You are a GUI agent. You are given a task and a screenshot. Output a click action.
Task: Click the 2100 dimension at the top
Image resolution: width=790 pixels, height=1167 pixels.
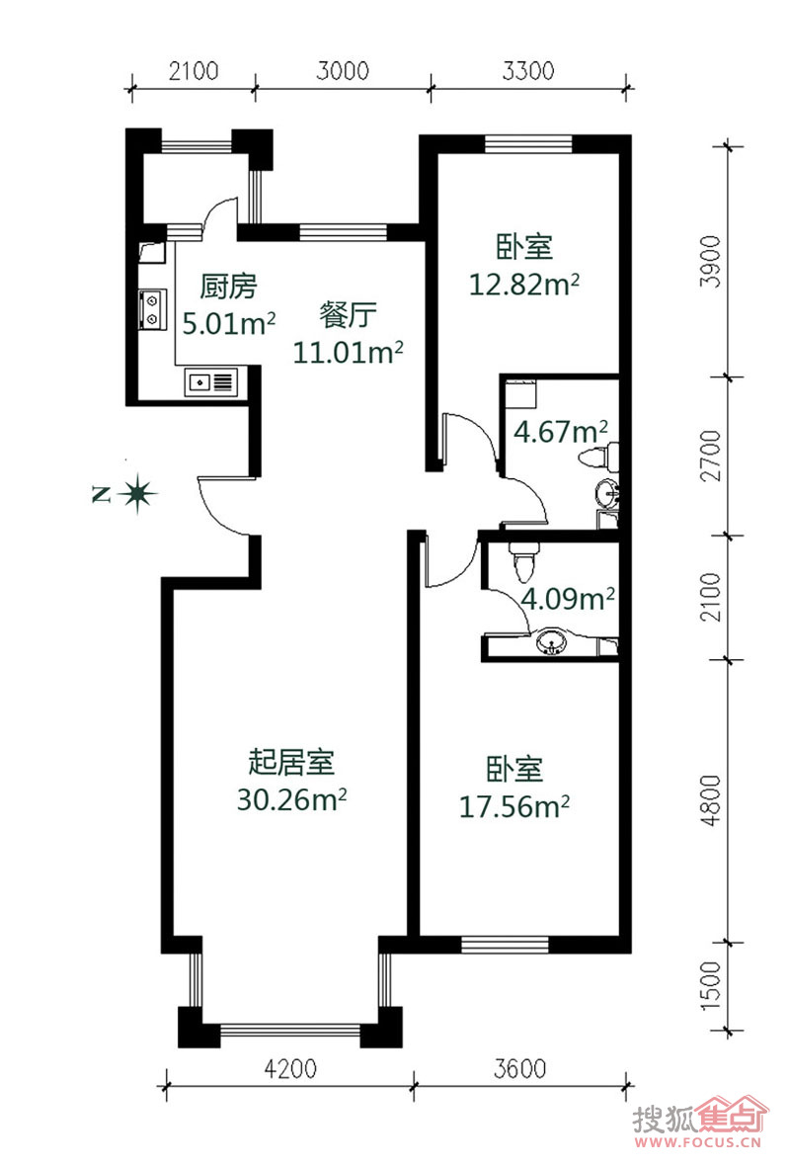coord(194,71)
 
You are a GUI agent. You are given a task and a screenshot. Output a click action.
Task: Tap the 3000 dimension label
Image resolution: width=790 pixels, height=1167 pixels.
coord(343,71)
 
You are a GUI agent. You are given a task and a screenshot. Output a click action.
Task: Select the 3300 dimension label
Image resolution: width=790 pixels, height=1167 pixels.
coord(528,71)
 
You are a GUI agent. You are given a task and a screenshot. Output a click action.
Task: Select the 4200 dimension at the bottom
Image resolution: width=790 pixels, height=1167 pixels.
coord(290,1069)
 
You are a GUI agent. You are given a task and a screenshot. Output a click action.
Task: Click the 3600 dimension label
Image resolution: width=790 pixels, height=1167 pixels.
coord(519,1069)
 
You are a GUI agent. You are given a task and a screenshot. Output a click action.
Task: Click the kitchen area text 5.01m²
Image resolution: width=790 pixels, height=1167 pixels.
coord(229,323)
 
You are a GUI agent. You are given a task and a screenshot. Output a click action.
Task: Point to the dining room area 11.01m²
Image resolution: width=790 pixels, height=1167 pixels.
coord(349,352)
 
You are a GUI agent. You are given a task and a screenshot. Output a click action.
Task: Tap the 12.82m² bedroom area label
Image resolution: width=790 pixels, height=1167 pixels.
coord(524,284)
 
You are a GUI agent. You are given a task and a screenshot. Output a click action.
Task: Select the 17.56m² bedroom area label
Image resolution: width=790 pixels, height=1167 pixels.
coord(514,806)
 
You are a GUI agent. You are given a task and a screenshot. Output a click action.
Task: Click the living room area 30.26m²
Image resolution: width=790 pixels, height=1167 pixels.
coord(291,799)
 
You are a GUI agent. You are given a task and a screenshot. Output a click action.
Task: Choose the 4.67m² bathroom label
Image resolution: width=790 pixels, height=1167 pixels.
coord(561,431)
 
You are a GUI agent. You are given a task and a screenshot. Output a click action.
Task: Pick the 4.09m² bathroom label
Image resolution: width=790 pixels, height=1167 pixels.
coord(568,599)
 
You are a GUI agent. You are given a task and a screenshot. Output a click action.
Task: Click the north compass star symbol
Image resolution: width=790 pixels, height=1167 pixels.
coord(137,493)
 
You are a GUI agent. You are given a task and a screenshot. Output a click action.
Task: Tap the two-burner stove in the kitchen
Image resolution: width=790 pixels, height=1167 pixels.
coord(152,309)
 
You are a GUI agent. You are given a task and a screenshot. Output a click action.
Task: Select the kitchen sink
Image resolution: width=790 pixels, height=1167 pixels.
coord(210,382)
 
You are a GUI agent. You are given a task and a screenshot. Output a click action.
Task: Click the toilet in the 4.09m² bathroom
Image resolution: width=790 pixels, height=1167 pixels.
coord(523,562)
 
